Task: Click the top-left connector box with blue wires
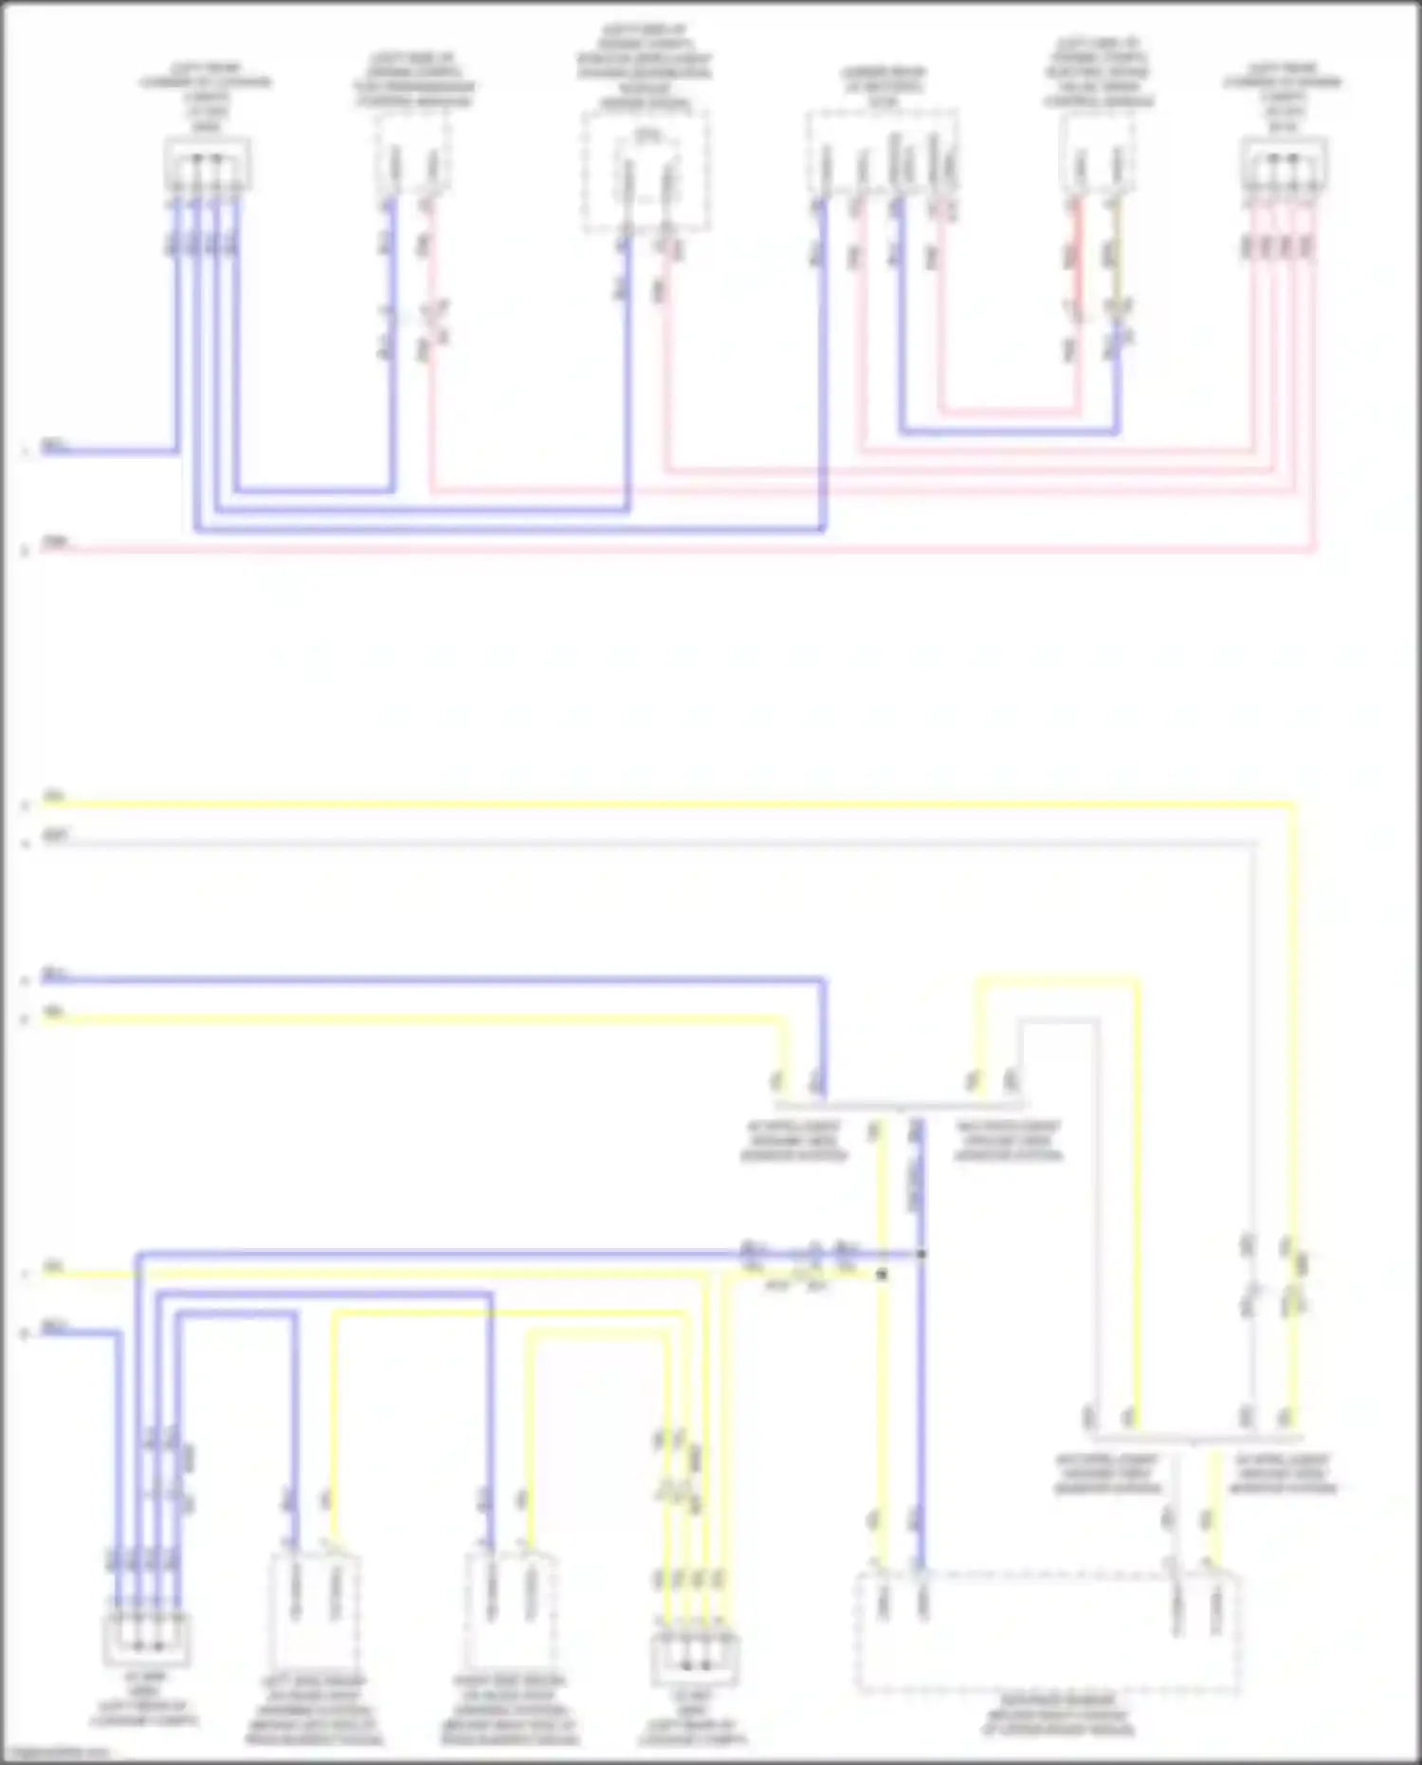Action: [207, 163]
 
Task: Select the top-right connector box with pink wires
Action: [1284, 164]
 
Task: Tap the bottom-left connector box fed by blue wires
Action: [146, 1639]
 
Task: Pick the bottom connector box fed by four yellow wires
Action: [695, 1658]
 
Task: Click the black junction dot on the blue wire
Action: [921, 1254]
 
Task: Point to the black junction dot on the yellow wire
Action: [882, 1275]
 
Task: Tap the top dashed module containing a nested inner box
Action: [646, 171]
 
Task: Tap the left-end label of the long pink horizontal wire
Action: [56, 543]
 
